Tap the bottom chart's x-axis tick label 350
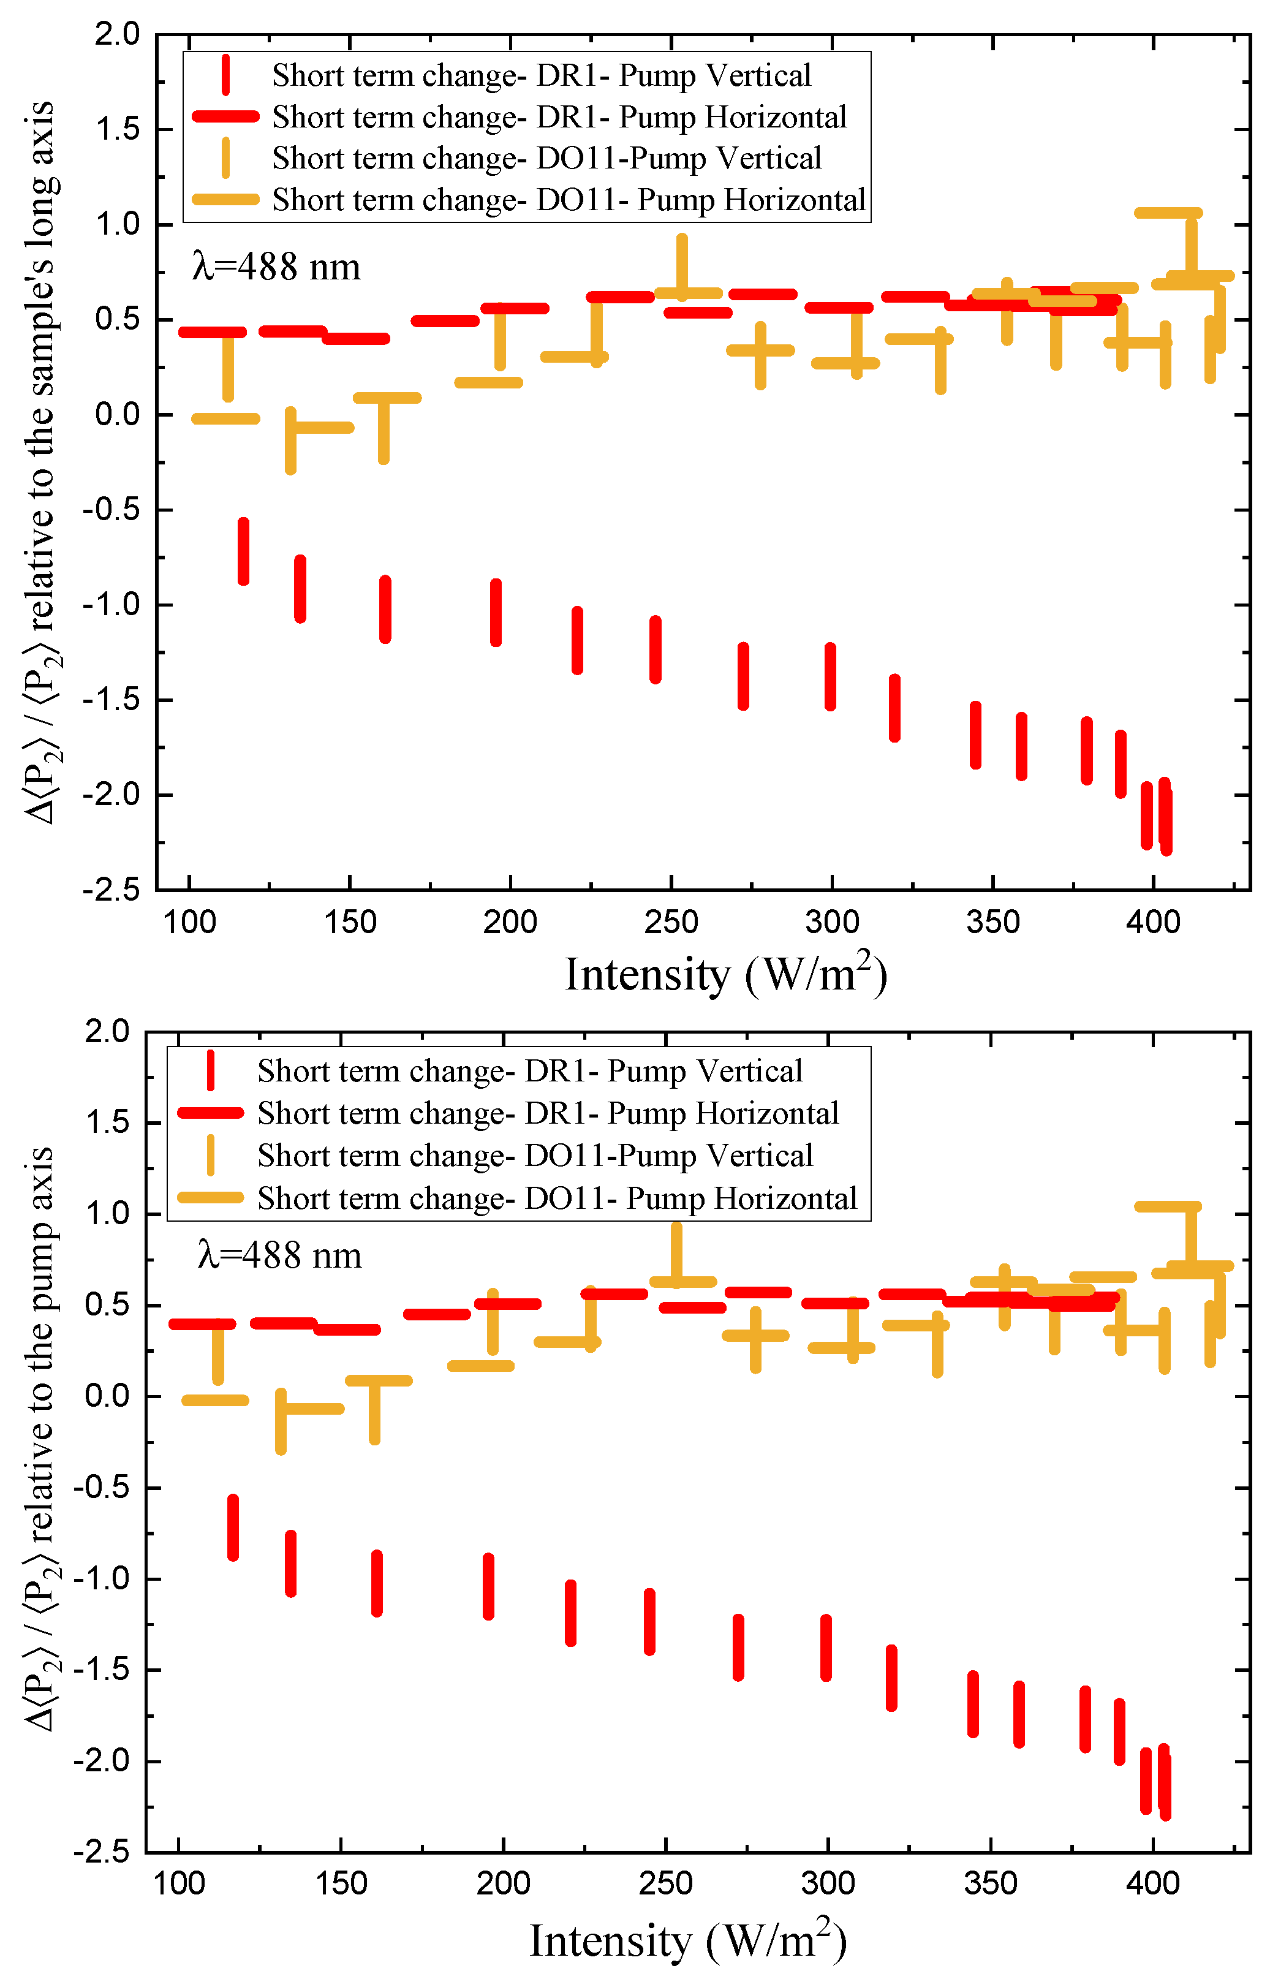click(991, 1883)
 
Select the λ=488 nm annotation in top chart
click(276, 267)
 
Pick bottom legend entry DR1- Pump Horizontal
click(548, 1113)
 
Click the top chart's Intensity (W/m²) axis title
click(726, 974)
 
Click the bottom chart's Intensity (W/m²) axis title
click(688, 1940)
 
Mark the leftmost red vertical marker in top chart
click(243, 551)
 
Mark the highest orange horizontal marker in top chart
click(1168, 213)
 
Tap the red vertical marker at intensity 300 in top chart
click(831, 676)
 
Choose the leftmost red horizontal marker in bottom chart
click(202, 1324)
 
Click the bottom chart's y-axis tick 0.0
click(107, 1395)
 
